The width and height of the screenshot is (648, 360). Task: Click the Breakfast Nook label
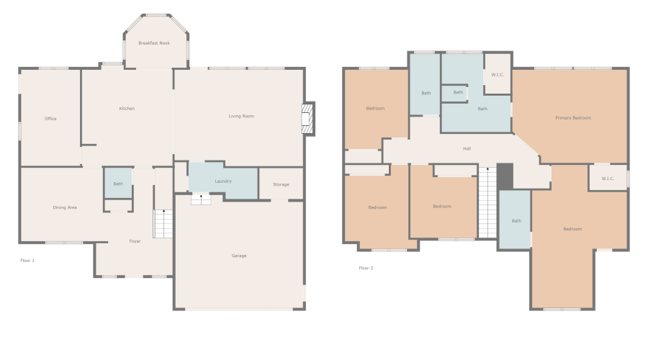[x=155, y=43]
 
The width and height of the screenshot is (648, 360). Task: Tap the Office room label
[x=50, y=119]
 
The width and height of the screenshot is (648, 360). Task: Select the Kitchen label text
[x=127, y=109]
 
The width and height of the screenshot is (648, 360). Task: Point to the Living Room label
[x=241, y=116]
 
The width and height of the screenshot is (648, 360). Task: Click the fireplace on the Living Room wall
[x=308, y=119]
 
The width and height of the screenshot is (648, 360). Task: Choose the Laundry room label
[x=222, y=181]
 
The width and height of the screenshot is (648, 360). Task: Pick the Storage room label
[x=281, y=184]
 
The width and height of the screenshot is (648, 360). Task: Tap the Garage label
[x=239, y=256]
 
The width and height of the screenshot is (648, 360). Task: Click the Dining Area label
[x=65, y=207]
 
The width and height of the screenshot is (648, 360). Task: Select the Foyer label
[x=135, y=241]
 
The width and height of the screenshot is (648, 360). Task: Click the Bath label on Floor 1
[x=118, y=184]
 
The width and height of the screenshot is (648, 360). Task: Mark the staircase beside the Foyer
[x=163, y=224]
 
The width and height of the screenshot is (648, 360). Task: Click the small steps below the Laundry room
[x=201, y=199]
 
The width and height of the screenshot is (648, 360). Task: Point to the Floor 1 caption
[x=27, y=260]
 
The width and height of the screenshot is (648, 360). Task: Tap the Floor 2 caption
[x=366, y=268]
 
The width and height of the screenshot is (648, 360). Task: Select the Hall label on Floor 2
[x=467, y=149]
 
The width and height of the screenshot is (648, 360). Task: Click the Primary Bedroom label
[x=572, y=117]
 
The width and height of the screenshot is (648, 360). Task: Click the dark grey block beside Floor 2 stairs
[x=505, y=176]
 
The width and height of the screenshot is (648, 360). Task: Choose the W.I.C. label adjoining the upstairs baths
[x=498, y=75]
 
